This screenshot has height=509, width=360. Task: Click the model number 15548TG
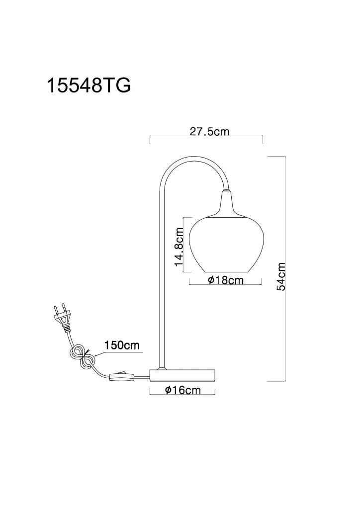point(89,85)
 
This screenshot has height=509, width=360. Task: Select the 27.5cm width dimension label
point(209,131)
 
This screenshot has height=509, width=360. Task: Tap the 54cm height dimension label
point(281,276)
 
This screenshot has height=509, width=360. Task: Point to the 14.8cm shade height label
point(180,247)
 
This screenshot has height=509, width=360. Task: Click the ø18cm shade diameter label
point(226,280)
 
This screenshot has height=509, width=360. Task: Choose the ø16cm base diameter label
point(183,390)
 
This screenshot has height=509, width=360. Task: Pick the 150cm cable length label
point(122,345)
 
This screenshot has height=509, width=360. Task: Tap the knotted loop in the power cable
point(83,357)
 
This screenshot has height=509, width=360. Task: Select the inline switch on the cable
point(122,376)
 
